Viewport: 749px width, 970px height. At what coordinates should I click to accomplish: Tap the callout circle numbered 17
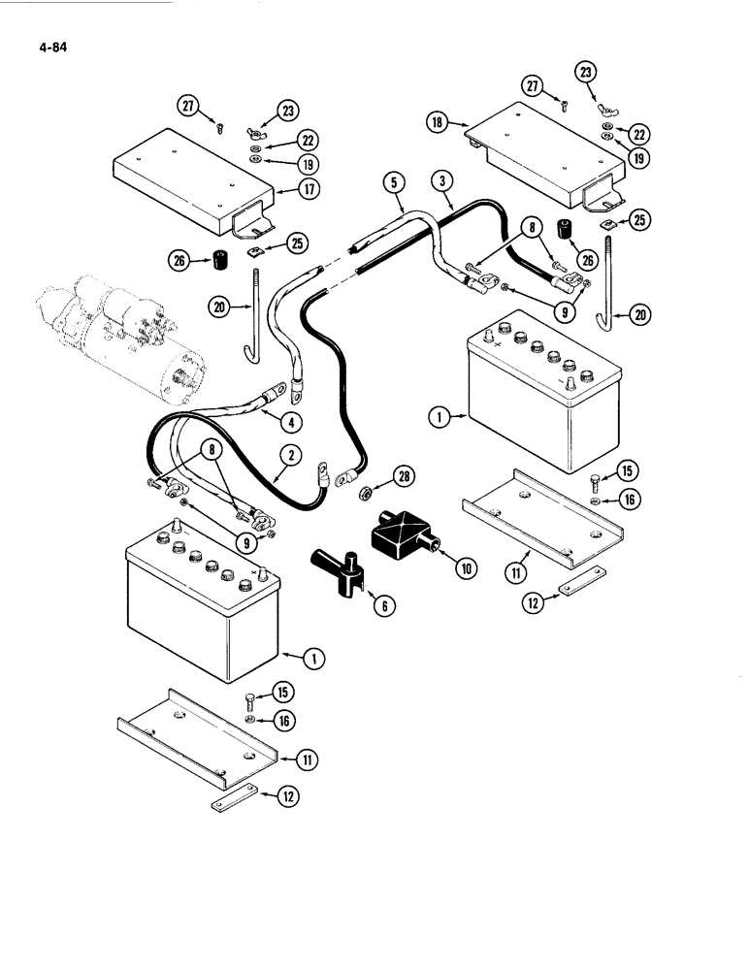pyautogui.click(x=309, y=189)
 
